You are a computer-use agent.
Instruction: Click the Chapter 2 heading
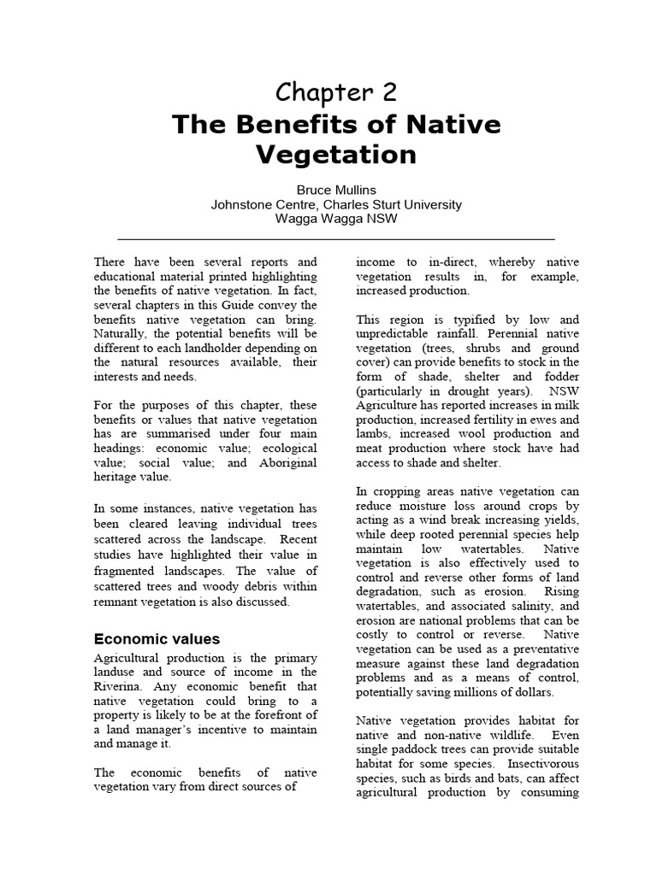(x=336, y=92)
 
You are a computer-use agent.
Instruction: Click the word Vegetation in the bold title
(x=336, y=155)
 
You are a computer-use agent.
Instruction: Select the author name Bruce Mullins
(x=336, y=191)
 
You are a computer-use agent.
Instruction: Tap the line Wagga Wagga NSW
(x=336, y=218)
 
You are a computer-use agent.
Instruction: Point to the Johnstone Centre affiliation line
(x=336, y=204)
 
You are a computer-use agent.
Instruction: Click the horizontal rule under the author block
(x=336, y=238)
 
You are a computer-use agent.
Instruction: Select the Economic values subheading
(x=157, y=639)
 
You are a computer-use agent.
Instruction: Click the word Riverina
(x=118, y=686)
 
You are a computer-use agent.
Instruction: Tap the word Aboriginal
(x=284, y=462)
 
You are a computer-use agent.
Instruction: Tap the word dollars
(x=531, y=692)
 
